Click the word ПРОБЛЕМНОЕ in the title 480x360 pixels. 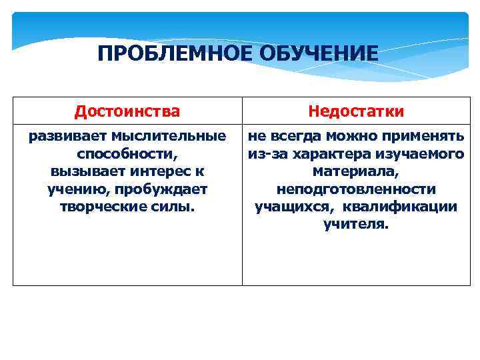[172, 53]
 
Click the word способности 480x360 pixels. [126, 154]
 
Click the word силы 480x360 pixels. [173, 207]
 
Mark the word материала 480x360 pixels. [355, 171]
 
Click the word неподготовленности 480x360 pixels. [356, 189]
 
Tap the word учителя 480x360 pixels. [355, 224]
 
